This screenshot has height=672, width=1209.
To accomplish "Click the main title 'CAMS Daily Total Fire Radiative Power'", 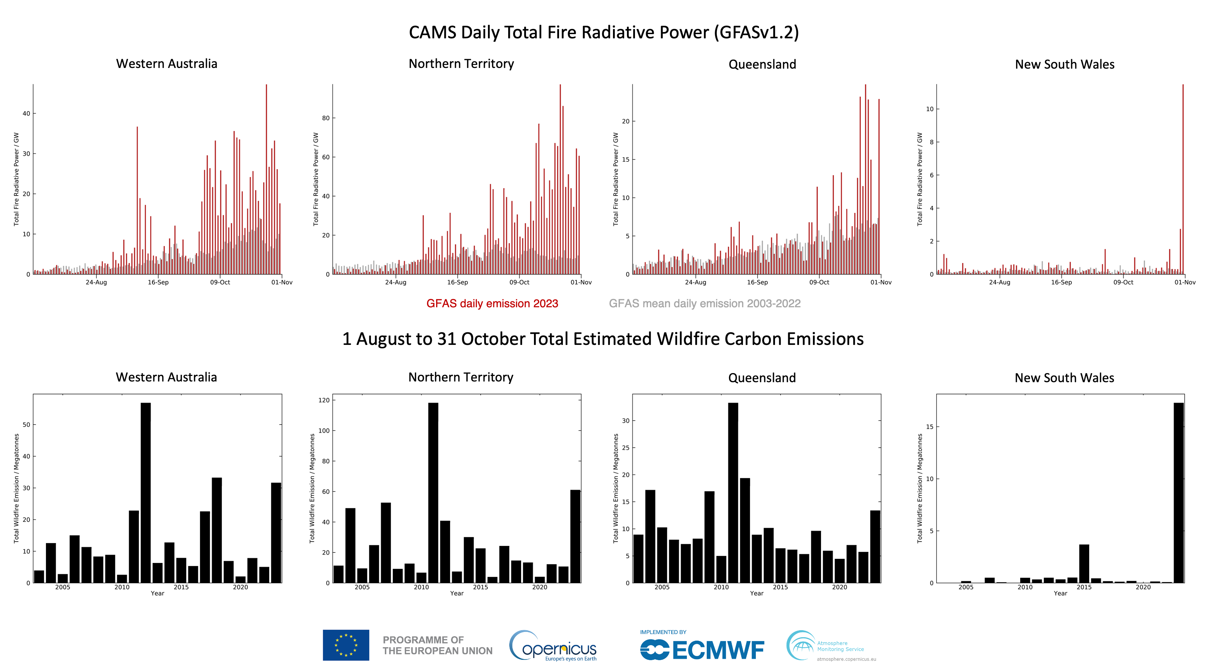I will click(x=604, y=32).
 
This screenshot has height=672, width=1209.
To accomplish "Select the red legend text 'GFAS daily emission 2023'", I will click(x=492, y=304).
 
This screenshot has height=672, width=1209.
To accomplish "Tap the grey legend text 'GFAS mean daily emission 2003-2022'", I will click(x=705, y=304).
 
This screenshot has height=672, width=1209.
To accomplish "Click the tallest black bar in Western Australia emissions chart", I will click(x=146, y=493).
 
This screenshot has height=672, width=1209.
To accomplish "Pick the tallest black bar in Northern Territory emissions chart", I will click(x=433, y=493).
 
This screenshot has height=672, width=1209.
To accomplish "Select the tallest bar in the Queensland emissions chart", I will click(x=733, y=493).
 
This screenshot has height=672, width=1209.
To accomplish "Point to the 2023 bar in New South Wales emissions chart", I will click(x=1178, y=493).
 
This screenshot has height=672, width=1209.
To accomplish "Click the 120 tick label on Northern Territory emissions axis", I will click(x=324, y=400).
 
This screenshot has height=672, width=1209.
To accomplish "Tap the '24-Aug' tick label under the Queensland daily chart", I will click(x=695, y=283).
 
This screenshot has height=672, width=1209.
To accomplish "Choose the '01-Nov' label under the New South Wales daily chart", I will click(x=1185, y=283).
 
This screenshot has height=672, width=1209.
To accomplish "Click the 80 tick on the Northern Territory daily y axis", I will click(x=325, y=118).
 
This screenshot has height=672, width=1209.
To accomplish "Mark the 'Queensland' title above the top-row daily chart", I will click(x=762, y=64).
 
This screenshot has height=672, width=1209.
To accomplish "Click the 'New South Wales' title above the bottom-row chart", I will click(x=1064, y=378).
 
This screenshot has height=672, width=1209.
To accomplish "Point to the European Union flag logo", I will click(x=346, y=645).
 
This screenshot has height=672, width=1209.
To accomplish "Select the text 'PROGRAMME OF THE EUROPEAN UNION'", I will click(x=437, y=645).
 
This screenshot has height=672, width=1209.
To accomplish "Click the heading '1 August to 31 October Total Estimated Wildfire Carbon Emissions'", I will click(x=603, y=339).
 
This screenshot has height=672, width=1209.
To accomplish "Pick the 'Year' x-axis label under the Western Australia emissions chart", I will click(x=157, y=593).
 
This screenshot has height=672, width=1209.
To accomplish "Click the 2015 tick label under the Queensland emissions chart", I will click(x=780, y=587).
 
